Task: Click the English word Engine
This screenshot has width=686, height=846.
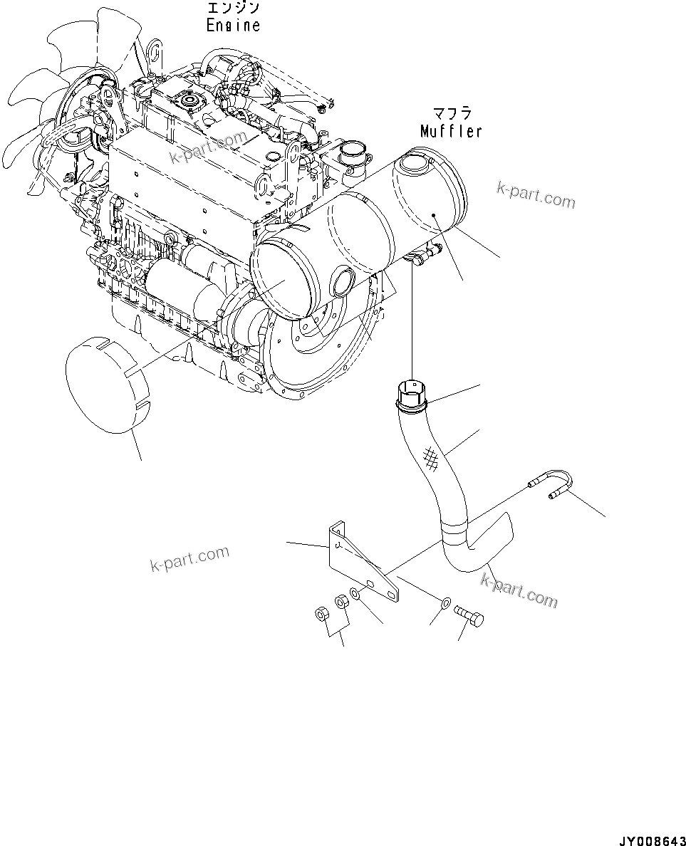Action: click(233, 25)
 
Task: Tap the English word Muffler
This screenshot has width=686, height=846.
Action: click(451, 131)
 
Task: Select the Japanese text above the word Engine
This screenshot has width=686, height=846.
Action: click(233, 9)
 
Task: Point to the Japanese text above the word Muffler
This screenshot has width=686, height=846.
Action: click(452, 114)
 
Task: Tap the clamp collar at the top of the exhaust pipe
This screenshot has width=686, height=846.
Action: click(410, 396)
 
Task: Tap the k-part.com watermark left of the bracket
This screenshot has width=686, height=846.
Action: click(189, 557)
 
